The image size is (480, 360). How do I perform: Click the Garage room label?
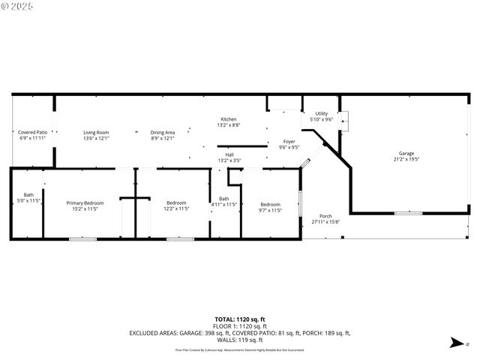tap(406, 154)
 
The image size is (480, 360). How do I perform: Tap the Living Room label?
tap(96, 133)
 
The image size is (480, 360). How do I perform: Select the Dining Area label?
tap(163, 133)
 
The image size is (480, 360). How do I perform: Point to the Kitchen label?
tap(228, 119)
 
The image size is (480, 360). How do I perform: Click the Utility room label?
tap(321, 113)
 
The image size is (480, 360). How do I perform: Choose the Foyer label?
tap(289, 142)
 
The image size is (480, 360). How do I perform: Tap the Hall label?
tap(229, 154)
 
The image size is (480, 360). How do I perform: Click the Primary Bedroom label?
tap(85, 203)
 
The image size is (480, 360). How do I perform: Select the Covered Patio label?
tap(32, 133)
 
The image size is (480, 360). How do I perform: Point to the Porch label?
tap(325, 216)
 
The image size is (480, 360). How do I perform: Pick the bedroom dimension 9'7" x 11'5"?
tap(270, 211)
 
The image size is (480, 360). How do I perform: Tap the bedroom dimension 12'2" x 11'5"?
tap(176, 209)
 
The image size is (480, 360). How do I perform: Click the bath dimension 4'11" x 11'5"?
tap(223, 204)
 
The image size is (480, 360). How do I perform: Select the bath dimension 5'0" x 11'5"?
tap(28, 201)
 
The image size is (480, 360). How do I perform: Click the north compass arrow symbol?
tap(455, 344)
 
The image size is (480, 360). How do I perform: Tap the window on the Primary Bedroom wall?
tap(82, 239)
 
